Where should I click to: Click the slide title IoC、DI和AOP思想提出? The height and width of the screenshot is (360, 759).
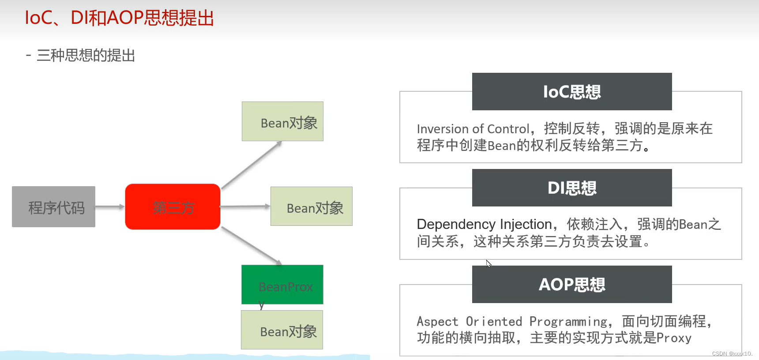coord(119,18)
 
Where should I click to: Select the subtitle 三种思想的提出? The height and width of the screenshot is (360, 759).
coord(86,56)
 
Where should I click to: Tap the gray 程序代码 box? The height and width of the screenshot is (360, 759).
coord(53,207)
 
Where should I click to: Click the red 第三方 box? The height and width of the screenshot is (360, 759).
coord(173,207)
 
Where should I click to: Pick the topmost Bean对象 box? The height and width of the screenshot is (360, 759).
coord(282,122)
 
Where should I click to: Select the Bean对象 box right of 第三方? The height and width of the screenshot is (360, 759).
coord(311,206)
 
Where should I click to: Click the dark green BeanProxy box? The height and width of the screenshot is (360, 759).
coord(282,285)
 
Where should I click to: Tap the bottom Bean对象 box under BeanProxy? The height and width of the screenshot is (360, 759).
coord(282,330)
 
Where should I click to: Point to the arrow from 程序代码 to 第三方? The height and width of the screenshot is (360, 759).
coord(109,206)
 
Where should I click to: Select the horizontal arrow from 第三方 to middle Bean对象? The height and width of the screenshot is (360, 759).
coord(245,206)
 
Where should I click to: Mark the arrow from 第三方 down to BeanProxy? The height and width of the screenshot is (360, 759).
coord(251,246)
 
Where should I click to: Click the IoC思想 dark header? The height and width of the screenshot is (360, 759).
coord(572,92)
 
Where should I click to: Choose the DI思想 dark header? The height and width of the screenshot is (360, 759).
coord(572,188)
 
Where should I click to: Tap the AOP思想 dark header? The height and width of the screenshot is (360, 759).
coord(572,285)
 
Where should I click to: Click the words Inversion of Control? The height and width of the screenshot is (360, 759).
coord(473,129)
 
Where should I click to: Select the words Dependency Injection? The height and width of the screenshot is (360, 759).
coord(484,225)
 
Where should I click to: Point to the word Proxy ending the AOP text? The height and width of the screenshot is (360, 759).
coord(674,338)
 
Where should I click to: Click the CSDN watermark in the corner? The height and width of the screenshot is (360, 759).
coord(732,354)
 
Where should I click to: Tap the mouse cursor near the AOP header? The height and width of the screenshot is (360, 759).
coord(488,263)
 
